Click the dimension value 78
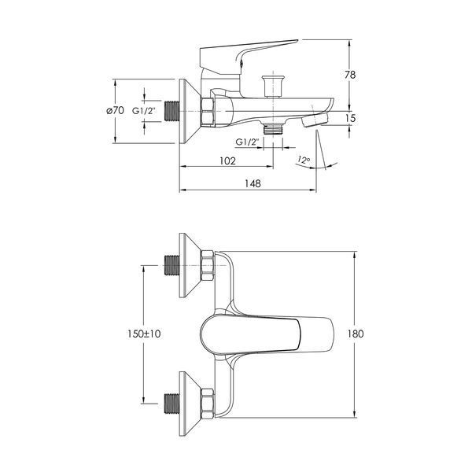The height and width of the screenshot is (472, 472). [x=350, y=75]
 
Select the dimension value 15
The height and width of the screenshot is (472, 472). [x=350, y=118]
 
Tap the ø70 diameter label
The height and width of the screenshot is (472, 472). [x=115, y=110]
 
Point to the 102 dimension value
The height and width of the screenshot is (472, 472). [x=227, y=160]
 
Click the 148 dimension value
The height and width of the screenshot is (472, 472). [x=253, y=183]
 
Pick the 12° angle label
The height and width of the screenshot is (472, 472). [x=304, y=160]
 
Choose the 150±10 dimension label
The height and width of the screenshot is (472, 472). [x=144, y=334]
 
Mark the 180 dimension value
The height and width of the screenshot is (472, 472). [x=356, y=334]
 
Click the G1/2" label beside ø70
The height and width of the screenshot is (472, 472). [x=144, y=111]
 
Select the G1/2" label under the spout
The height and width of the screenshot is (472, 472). [x=247, y=142]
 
